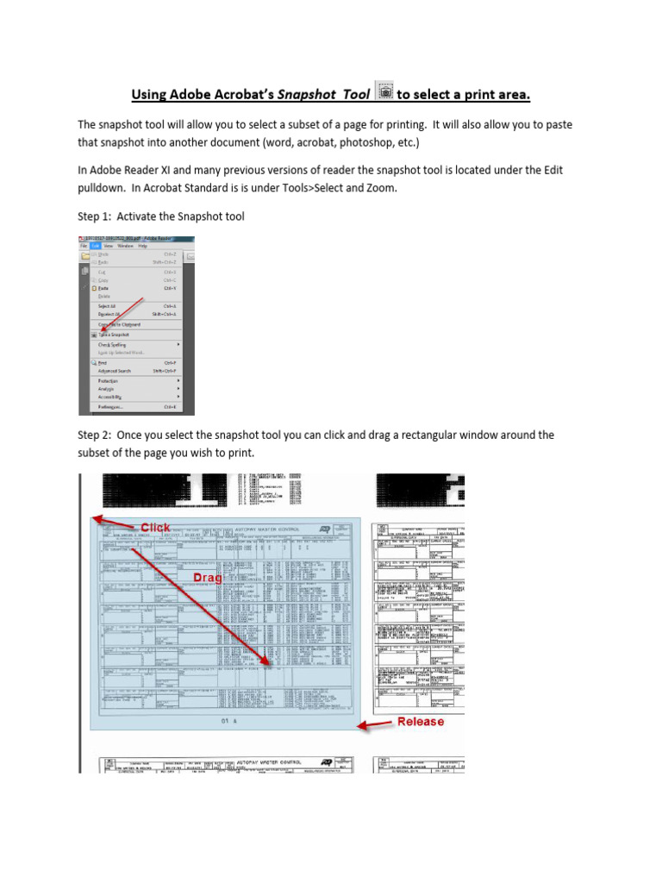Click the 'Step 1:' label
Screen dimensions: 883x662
point(96,216)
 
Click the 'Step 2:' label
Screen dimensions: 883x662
point(96,435)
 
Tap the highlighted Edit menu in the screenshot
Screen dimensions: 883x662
point(97,246)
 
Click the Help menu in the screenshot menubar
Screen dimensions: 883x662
point(142,246)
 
